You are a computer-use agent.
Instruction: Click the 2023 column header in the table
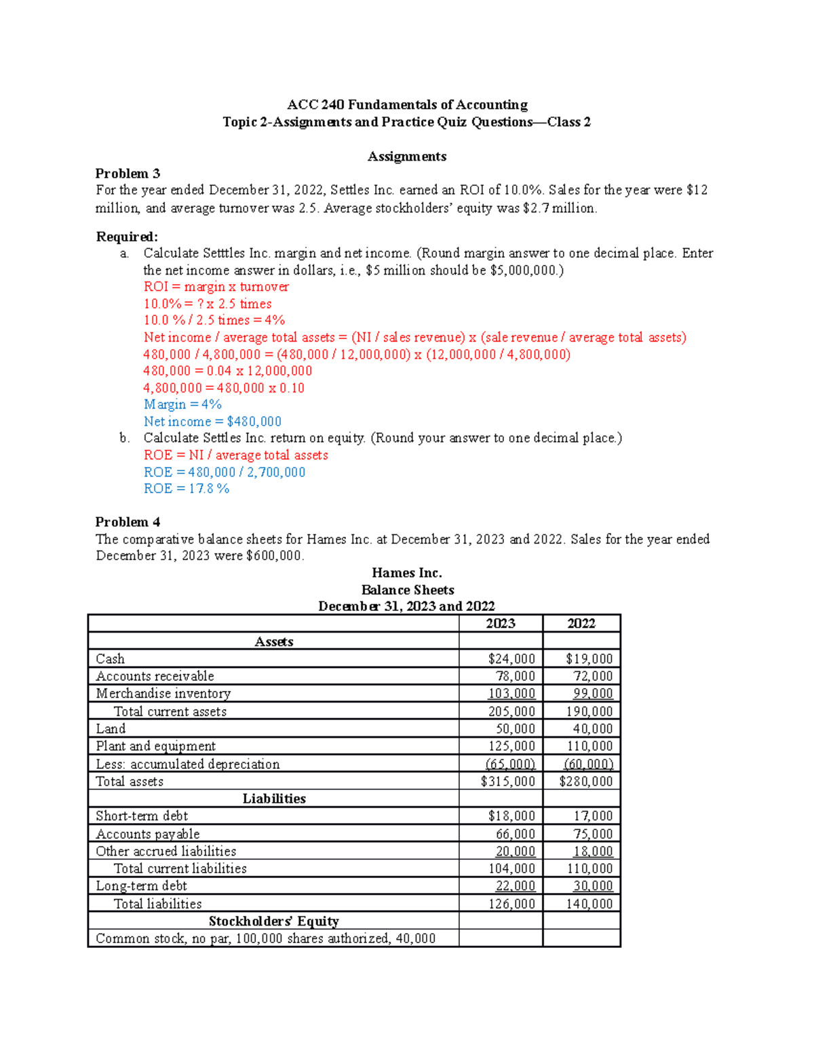[x=501, y=623]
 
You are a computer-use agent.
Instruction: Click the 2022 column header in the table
[x=581, y=623]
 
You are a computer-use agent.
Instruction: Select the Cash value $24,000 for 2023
[x=511, y=658]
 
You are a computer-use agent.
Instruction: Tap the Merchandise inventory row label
[x=163, y=694]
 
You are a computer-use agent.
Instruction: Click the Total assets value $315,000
[x=507, y=781]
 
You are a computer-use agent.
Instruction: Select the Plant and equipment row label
[x=155, y=746]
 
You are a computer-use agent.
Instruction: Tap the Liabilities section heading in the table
[x=274, y=799]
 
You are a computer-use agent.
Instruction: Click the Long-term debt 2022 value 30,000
[x=592, y=886]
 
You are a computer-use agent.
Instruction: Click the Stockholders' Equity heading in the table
[x=274, y=921]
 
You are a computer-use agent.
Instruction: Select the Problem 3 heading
[x=128, y=174]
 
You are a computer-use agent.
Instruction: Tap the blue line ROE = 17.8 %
[x=187, y=489]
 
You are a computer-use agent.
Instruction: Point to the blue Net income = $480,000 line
[x=212, y=422]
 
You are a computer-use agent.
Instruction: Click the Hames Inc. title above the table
[x=407, y=573]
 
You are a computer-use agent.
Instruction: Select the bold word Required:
[x=127, y=237]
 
